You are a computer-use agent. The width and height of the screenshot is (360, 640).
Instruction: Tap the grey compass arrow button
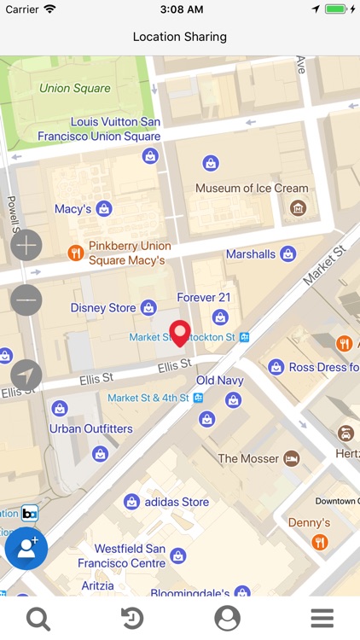click(x=26, y=375)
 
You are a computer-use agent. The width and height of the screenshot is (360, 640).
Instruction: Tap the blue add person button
click(x=26, y=549)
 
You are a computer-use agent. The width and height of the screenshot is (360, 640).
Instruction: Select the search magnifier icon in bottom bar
click(x=38, y=619)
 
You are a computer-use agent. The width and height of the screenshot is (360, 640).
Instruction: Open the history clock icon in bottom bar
click(x=132, y=619)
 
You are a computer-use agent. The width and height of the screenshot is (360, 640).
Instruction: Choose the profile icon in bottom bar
click(x=227, y=619)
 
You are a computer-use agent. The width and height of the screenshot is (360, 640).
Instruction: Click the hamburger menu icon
click(x=322, y=619)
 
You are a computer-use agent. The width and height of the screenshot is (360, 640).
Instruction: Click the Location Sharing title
click(x=180, y=37)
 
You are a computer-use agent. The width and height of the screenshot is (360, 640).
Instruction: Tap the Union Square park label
click(x=75, y=88)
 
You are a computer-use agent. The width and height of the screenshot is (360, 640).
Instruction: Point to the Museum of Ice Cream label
click(x=252, y=189)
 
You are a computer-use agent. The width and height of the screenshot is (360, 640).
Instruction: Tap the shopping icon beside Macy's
click(x=104, y=208)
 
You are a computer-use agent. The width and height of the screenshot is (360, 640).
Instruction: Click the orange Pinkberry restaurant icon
click(x=75, y=253)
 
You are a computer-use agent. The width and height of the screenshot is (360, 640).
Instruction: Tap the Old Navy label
click(x=219, y=380)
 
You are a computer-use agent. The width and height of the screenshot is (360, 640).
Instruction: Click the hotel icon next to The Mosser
click(x=292, y=458)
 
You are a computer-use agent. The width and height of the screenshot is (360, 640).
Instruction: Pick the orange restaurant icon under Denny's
click(x=319, y=542)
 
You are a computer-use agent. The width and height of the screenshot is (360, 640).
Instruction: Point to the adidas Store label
click(x=177, y=502)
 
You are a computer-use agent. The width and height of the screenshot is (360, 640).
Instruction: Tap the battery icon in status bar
click(x=336, y=9)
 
